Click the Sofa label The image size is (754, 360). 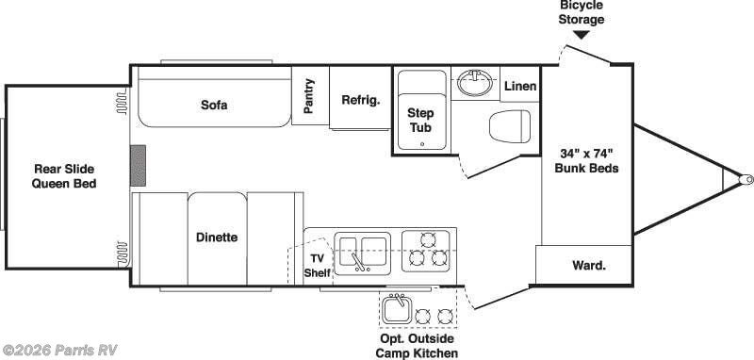click(x=214, y=105)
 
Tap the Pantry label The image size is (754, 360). click(x=309, y=96)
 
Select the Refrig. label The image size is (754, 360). click(x=360, y=100)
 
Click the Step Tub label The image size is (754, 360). click(x=420, y=119)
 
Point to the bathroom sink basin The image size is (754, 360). click(x=474, y=85)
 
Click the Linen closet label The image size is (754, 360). click(x=519, y=87)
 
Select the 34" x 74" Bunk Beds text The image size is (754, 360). click(x=587, y=161)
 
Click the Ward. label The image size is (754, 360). click(x=589, y=265)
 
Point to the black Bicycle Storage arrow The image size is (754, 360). click(x=582, y=35)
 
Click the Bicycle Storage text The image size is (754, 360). click(x=581, y=13)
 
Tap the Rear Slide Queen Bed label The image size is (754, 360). click(x=65, y=176)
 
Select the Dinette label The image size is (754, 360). click(x=217, y=237)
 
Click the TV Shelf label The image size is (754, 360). click(x=317, y=266)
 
